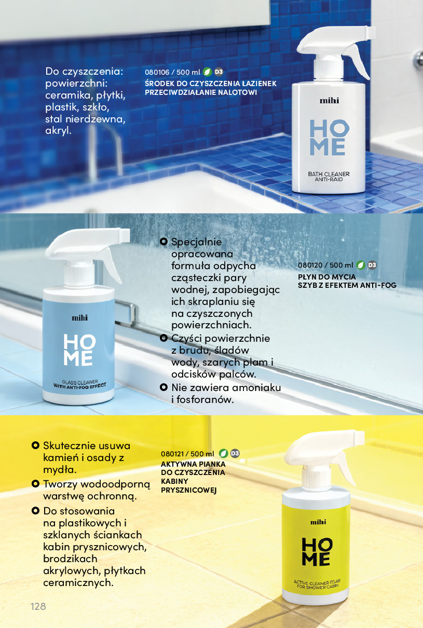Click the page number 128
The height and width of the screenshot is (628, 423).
[x=38, y=606]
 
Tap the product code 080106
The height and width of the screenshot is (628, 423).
[x=157, y=72]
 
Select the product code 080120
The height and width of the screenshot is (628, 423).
[x=310, y=265]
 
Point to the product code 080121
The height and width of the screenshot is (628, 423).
[x=172, y=454]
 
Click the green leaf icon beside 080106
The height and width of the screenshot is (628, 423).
[x=207, y=72]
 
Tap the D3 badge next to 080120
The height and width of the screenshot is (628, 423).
[x=372, y=265]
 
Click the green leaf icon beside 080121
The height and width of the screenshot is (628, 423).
[x=223, y=453]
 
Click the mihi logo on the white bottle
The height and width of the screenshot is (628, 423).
[x=329, y=101]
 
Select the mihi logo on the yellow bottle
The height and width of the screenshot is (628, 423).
[x=318, y=522]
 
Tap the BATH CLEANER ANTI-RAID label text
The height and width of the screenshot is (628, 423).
[x=329, y=177]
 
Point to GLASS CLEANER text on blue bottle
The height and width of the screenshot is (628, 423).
[x=80, y=382]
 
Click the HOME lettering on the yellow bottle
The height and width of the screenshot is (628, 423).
[x=317, y=552]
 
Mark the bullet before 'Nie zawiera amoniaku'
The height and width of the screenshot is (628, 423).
[x=163, y=387]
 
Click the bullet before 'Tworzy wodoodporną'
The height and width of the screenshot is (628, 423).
[x=35, y=484]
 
